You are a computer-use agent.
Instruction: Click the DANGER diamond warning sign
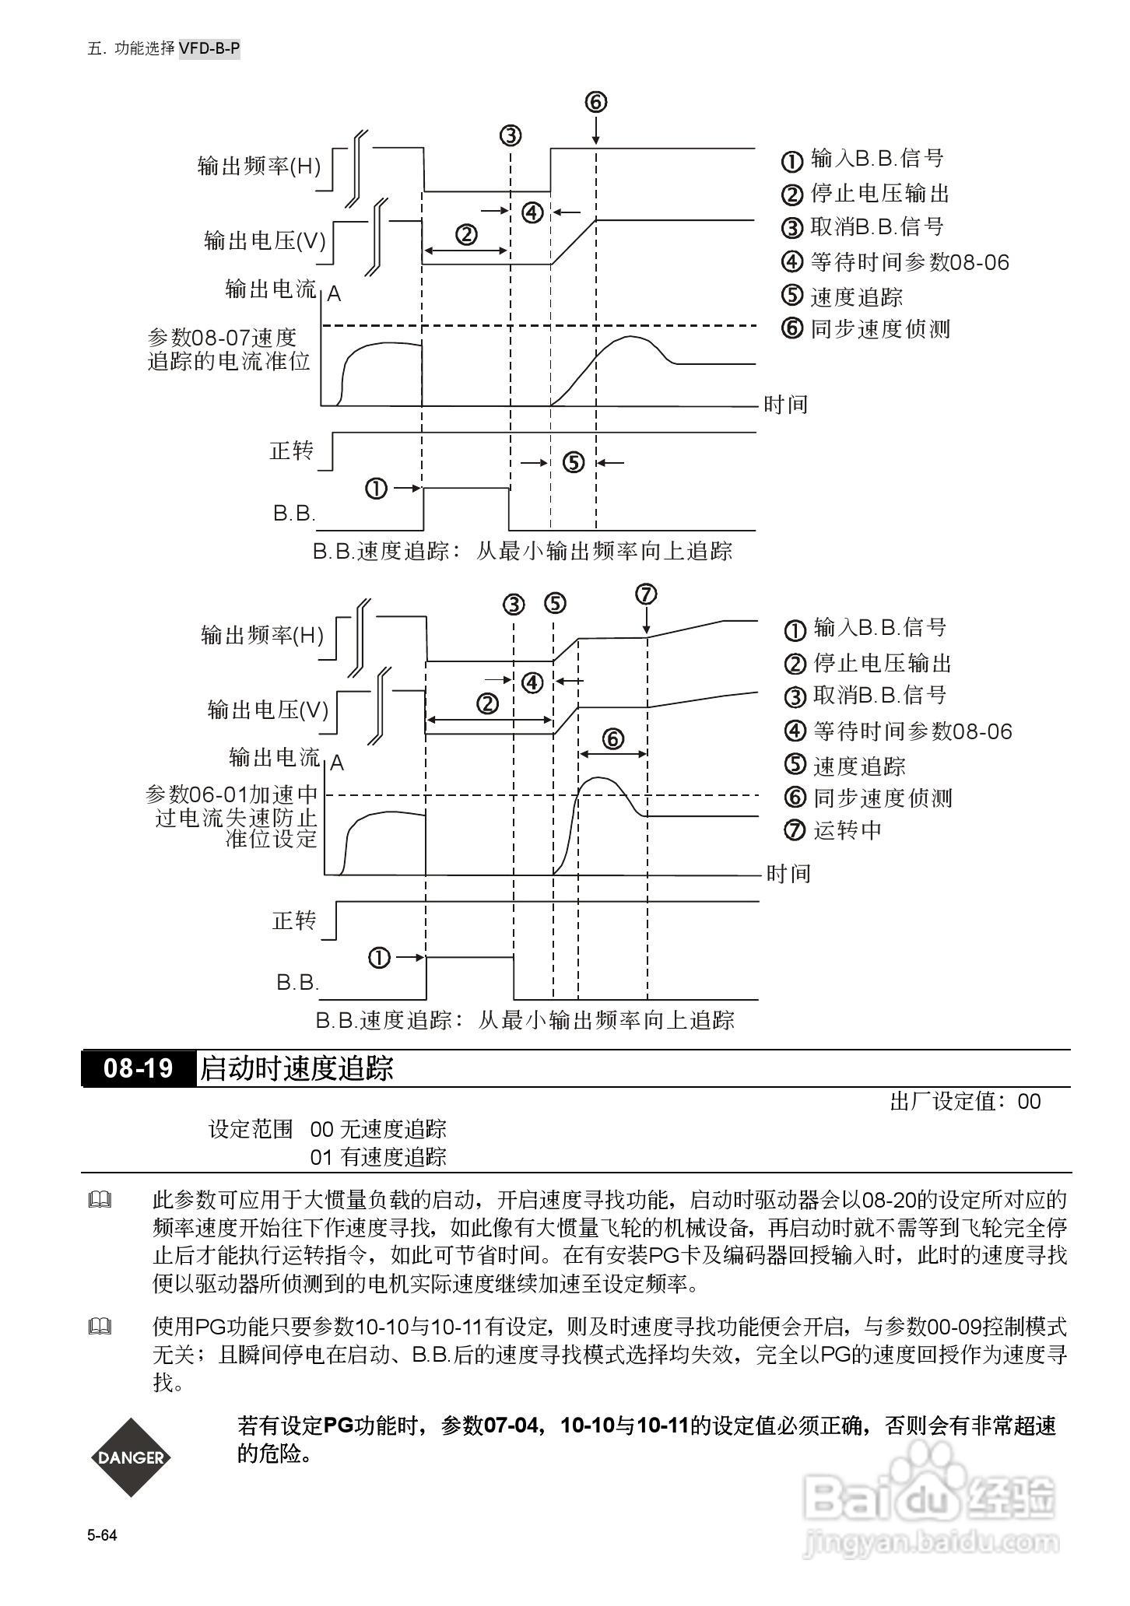click(131, 1457)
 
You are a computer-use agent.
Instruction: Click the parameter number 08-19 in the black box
click(139, 1068)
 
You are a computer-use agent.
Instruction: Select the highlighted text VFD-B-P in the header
click(209, 49)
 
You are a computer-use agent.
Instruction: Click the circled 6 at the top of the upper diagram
click(595, 102)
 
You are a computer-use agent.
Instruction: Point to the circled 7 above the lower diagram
click(646, 594)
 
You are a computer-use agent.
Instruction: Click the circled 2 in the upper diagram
click(465, 233)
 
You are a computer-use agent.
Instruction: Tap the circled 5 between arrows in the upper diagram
click(573, 463)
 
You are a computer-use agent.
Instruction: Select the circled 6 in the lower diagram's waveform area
click(613, 738)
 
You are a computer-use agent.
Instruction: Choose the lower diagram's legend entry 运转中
click(847, 830)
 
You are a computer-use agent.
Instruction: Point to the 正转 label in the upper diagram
click(292, 451)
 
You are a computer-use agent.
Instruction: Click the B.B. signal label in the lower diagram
click(297, 982)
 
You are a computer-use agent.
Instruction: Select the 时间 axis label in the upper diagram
click(785, 405)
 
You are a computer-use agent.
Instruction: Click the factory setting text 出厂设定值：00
click(965, 1101)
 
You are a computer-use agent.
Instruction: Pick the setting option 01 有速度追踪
click(378, 1157)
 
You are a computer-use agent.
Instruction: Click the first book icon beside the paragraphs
click(100, 1201)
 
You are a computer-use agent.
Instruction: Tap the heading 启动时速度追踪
click(297, 1068)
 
